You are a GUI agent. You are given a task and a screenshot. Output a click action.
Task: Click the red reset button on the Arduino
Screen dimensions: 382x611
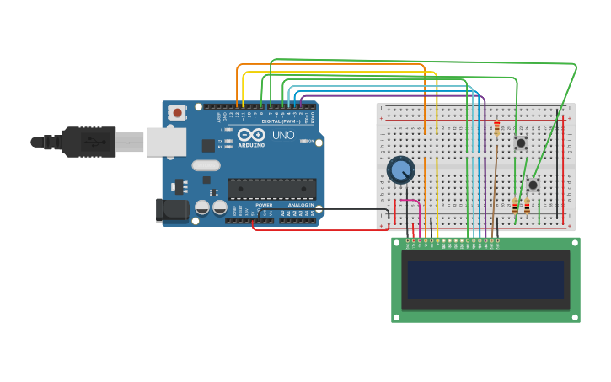click(x=177, y=112)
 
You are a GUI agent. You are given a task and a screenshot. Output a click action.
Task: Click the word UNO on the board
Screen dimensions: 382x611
click(x=283, y=135)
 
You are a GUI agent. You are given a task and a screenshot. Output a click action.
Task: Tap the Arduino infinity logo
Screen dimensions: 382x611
click(x=251, y=134)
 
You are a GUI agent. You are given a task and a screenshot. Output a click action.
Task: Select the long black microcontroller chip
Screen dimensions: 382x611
click(x=271, y=189)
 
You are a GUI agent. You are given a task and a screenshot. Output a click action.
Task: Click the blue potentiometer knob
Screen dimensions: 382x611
click(x=400, y=170)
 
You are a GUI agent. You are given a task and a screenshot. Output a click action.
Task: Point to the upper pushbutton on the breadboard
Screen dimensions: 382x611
click(x=521, y=143)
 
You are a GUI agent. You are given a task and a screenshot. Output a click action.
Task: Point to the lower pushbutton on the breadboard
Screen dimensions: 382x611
click(x=533, y=185)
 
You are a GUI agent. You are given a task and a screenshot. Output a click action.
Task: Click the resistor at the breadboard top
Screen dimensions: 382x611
click(x=497, y=127)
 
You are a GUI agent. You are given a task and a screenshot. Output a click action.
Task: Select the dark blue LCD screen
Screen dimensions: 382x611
click(x=485, y=279)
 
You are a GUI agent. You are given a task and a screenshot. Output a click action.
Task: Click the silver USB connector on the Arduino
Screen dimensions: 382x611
click(x=166, y=142)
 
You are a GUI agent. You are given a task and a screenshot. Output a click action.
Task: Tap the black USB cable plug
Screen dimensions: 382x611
click(x=88, y=142)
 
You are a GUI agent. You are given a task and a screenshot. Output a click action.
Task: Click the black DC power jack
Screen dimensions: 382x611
click(x=172, y=210)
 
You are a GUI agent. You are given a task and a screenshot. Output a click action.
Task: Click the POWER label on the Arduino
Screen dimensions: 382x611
click(x=264, y=205)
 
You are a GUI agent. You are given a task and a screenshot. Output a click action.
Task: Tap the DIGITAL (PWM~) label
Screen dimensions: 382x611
click(x=281, y=121)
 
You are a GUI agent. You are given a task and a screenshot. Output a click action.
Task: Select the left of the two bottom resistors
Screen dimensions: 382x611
click(x=515, y=207)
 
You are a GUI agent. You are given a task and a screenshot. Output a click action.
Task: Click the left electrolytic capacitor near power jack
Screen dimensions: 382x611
click(x=202, y=207)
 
